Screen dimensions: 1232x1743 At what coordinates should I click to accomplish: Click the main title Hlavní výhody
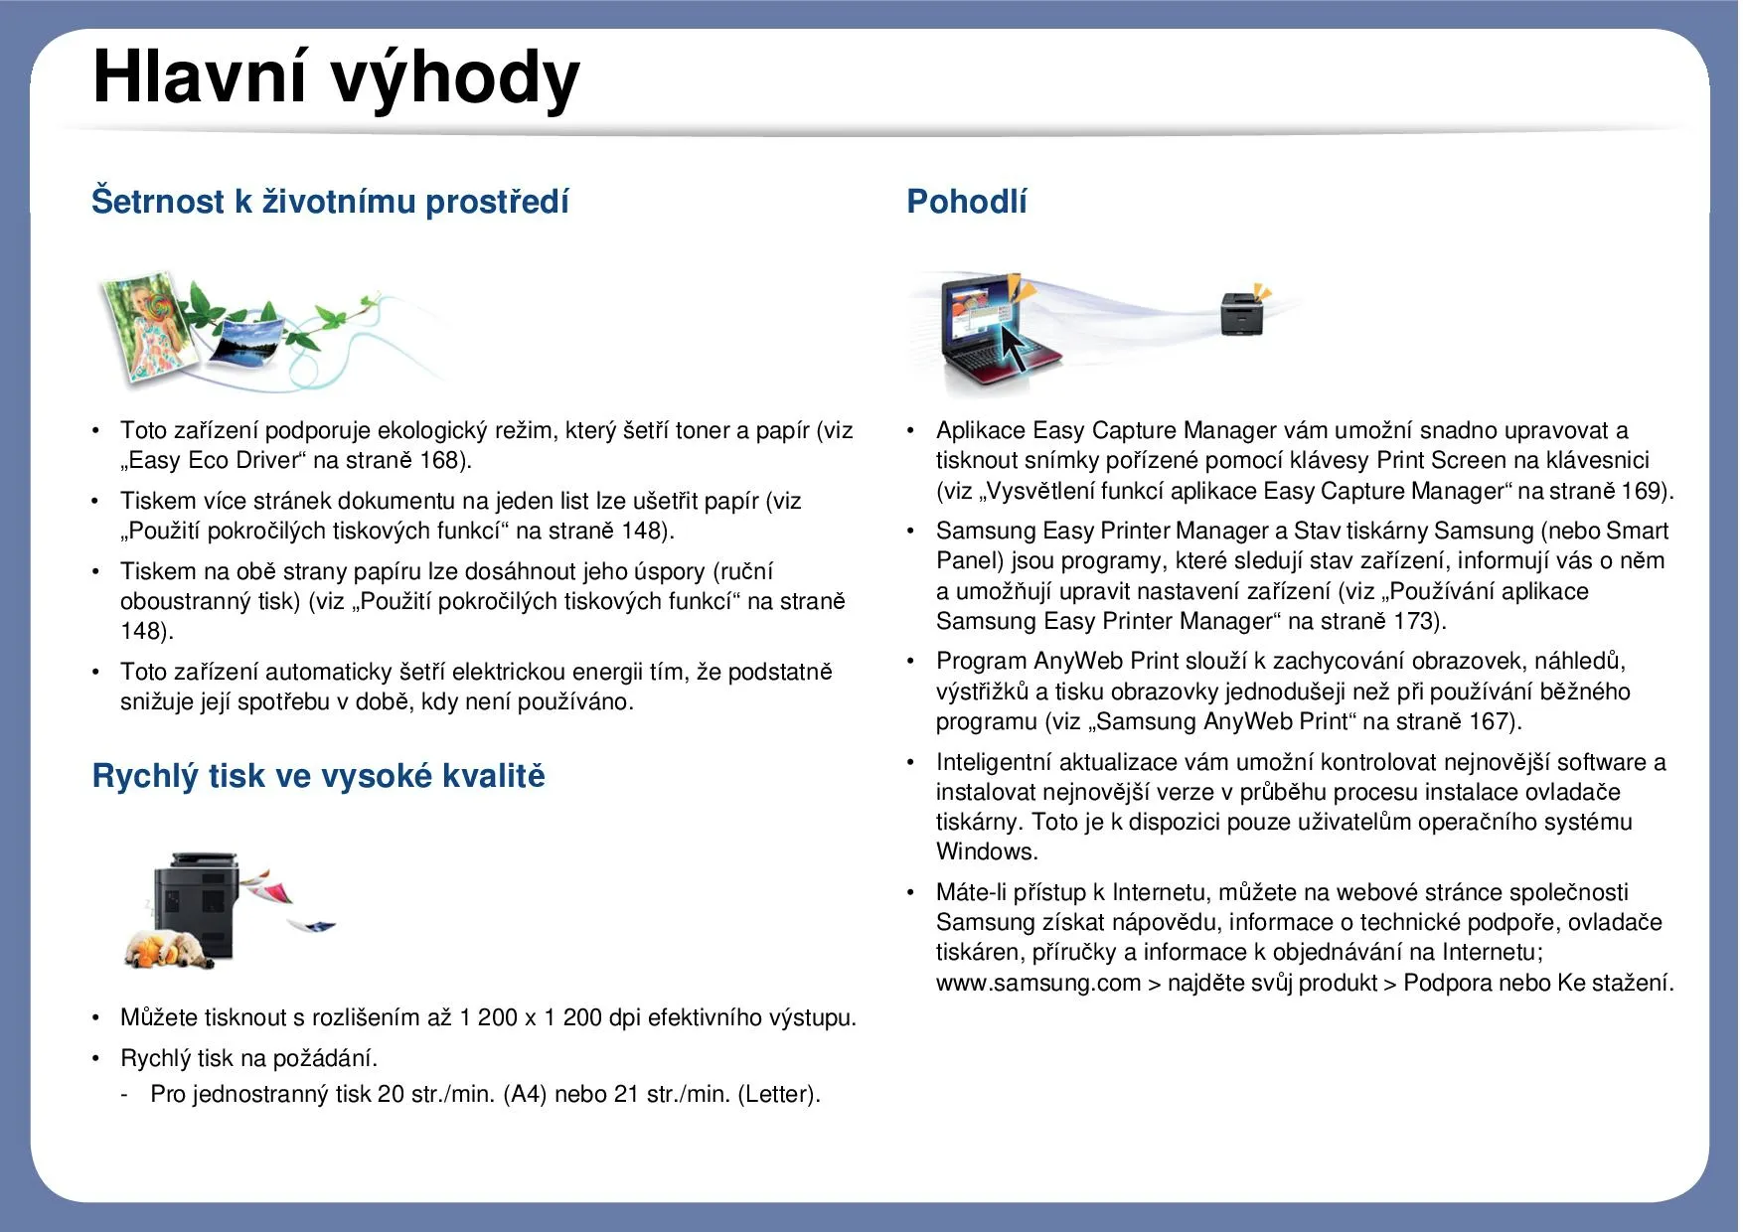pos(335,77)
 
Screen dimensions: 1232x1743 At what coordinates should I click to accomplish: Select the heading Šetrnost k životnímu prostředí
pos(330,202)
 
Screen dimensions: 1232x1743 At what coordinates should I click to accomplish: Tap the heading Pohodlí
pos(966,202)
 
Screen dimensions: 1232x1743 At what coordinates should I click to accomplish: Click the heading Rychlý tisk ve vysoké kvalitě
pos(318,776)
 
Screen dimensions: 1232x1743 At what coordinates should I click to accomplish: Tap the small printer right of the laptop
pos(1241,314)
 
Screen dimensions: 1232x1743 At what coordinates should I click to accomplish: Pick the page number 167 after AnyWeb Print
pos(1491,722)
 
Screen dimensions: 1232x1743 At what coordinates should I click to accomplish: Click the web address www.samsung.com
pos(1037,984)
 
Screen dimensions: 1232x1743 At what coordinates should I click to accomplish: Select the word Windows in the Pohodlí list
pos(986,852)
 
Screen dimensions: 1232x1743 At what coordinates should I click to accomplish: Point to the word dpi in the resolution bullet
pos(624,1018)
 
